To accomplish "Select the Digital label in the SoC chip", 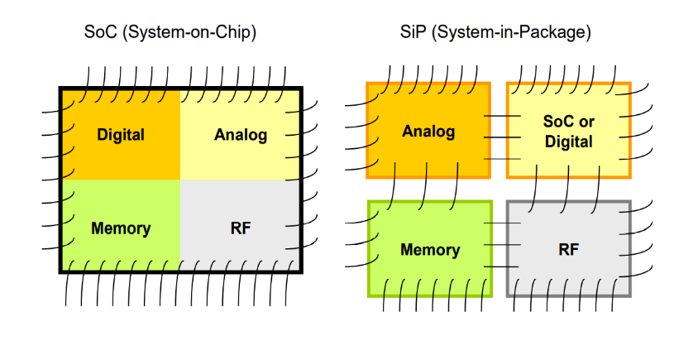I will pyautogui.click(x=121, y=134).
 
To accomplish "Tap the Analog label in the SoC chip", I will pyautogui.click(x=241, y=134).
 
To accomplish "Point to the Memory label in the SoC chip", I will pyautogui.click(x=121, y=228).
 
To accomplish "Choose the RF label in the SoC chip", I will pyautogui.click(x=241, y=228).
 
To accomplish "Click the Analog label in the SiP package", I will pyautogui.click(x=428, y=131).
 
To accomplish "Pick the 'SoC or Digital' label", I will pyautogui.click(x=568, y=131).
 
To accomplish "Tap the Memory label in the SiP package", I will pyautogui.click(x=429, y=249).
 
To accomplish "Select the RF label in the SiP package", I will pyautogui.click(x=568, y=249).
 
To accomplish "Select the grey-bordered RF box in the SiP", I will pyautogui.click(x=568, y=269).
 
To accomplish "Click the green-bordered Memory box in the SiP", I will pyautogui.click(x=429, y=269).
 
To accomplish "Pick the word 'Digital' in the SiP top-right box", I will pyautogui.click(x=568, y=142).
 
